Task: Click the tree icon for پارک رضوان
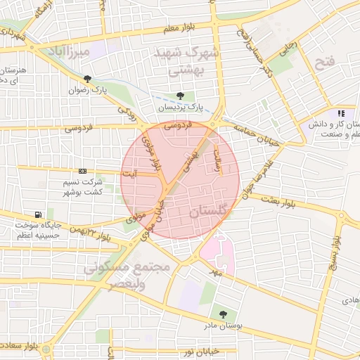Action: [x=87, y=79]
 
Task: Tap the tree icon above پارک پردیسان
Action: [x=180, y=96]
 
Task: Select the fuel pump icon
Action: [x=37, y=215]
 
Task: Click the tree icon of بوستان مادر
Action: [x=223, y=314]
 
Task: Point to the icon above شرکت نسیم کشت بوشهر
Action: [x=83, y=171]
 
